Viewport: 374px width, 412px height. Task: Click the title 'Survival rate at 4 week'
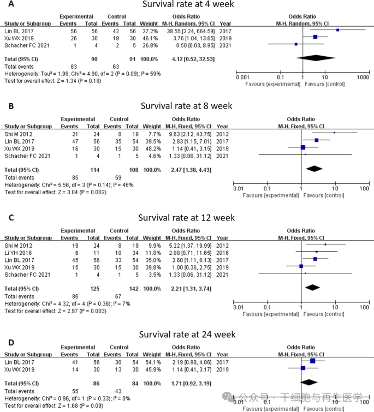(187, 5)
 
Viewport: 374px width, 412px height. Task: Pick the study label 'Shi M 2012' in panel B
(18, 133)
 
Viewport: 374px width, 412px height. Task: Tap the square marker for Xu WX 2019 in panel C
(301, 266)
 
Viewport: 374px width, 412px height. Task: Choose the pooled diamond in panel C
(312, 286)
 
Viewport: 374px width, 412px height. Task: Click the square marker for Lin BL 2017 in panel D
(312, 361)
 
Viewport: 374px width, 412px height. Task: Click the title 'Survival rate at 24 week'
(187, 335)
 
